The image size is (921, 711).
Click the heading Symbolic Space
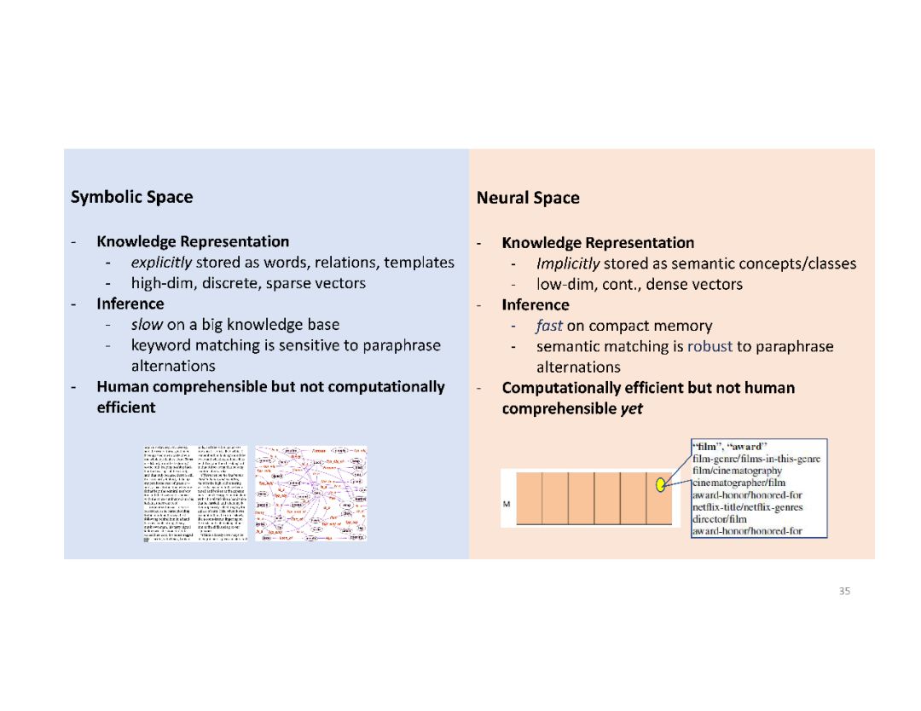tap(131, 197)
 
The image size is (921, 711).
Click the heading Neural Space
tap(528, 198)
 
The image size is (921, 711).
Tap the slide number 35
tap(844, 591)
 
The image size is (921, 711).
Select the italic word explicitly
tap(161, 263)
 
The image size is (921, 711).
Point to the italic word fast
tap(549, 326)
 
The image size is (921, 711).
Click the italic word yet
tap(632, 408)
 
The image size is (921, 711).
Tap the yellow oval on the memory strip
tap(659, 485)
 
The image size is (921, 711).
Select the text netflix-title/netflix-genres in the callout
tap(747, 507)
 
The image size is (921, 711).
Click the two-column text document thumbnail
tap(195, 493)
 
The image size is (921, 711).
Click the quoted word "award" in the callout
tap(749, 447)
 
